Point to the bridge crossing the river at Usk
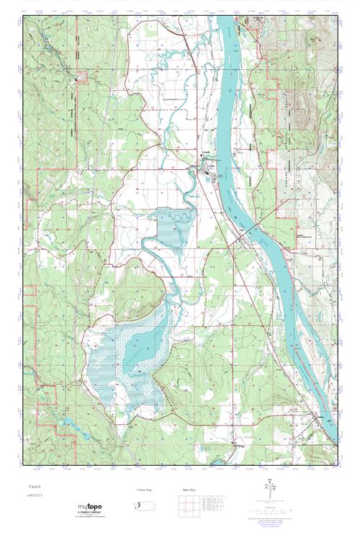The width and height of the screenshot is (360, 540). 248,232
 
